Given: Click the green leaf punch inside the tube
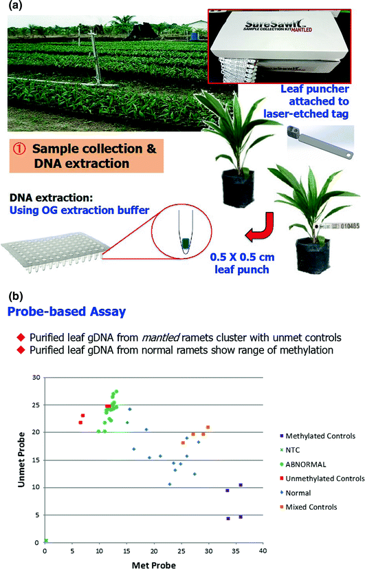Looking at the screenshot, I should [x=186, y=241].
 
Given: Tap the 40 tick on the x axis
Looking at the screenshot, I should [x=262, y=550].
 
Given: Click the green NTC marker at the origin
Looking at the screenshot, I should [x=45, y=541].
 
